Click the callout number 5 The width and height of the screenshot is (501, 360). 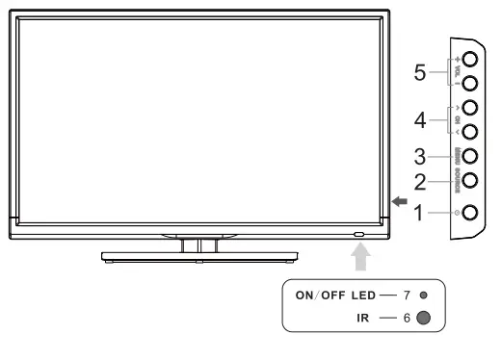[x=419, y=73]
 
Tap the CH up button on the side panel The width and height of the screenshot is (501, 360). [x=470, y=108]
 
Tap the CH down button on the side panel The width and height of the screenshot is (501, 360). [x=470, y=131]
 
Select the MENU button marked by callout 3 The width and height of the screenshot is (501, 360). [x=470, y=155]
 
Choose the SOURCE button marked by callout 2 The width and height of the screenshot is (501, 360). [x=470, y=179]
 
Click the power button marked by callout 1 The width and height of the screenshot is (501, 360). [x=470, y=211]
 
